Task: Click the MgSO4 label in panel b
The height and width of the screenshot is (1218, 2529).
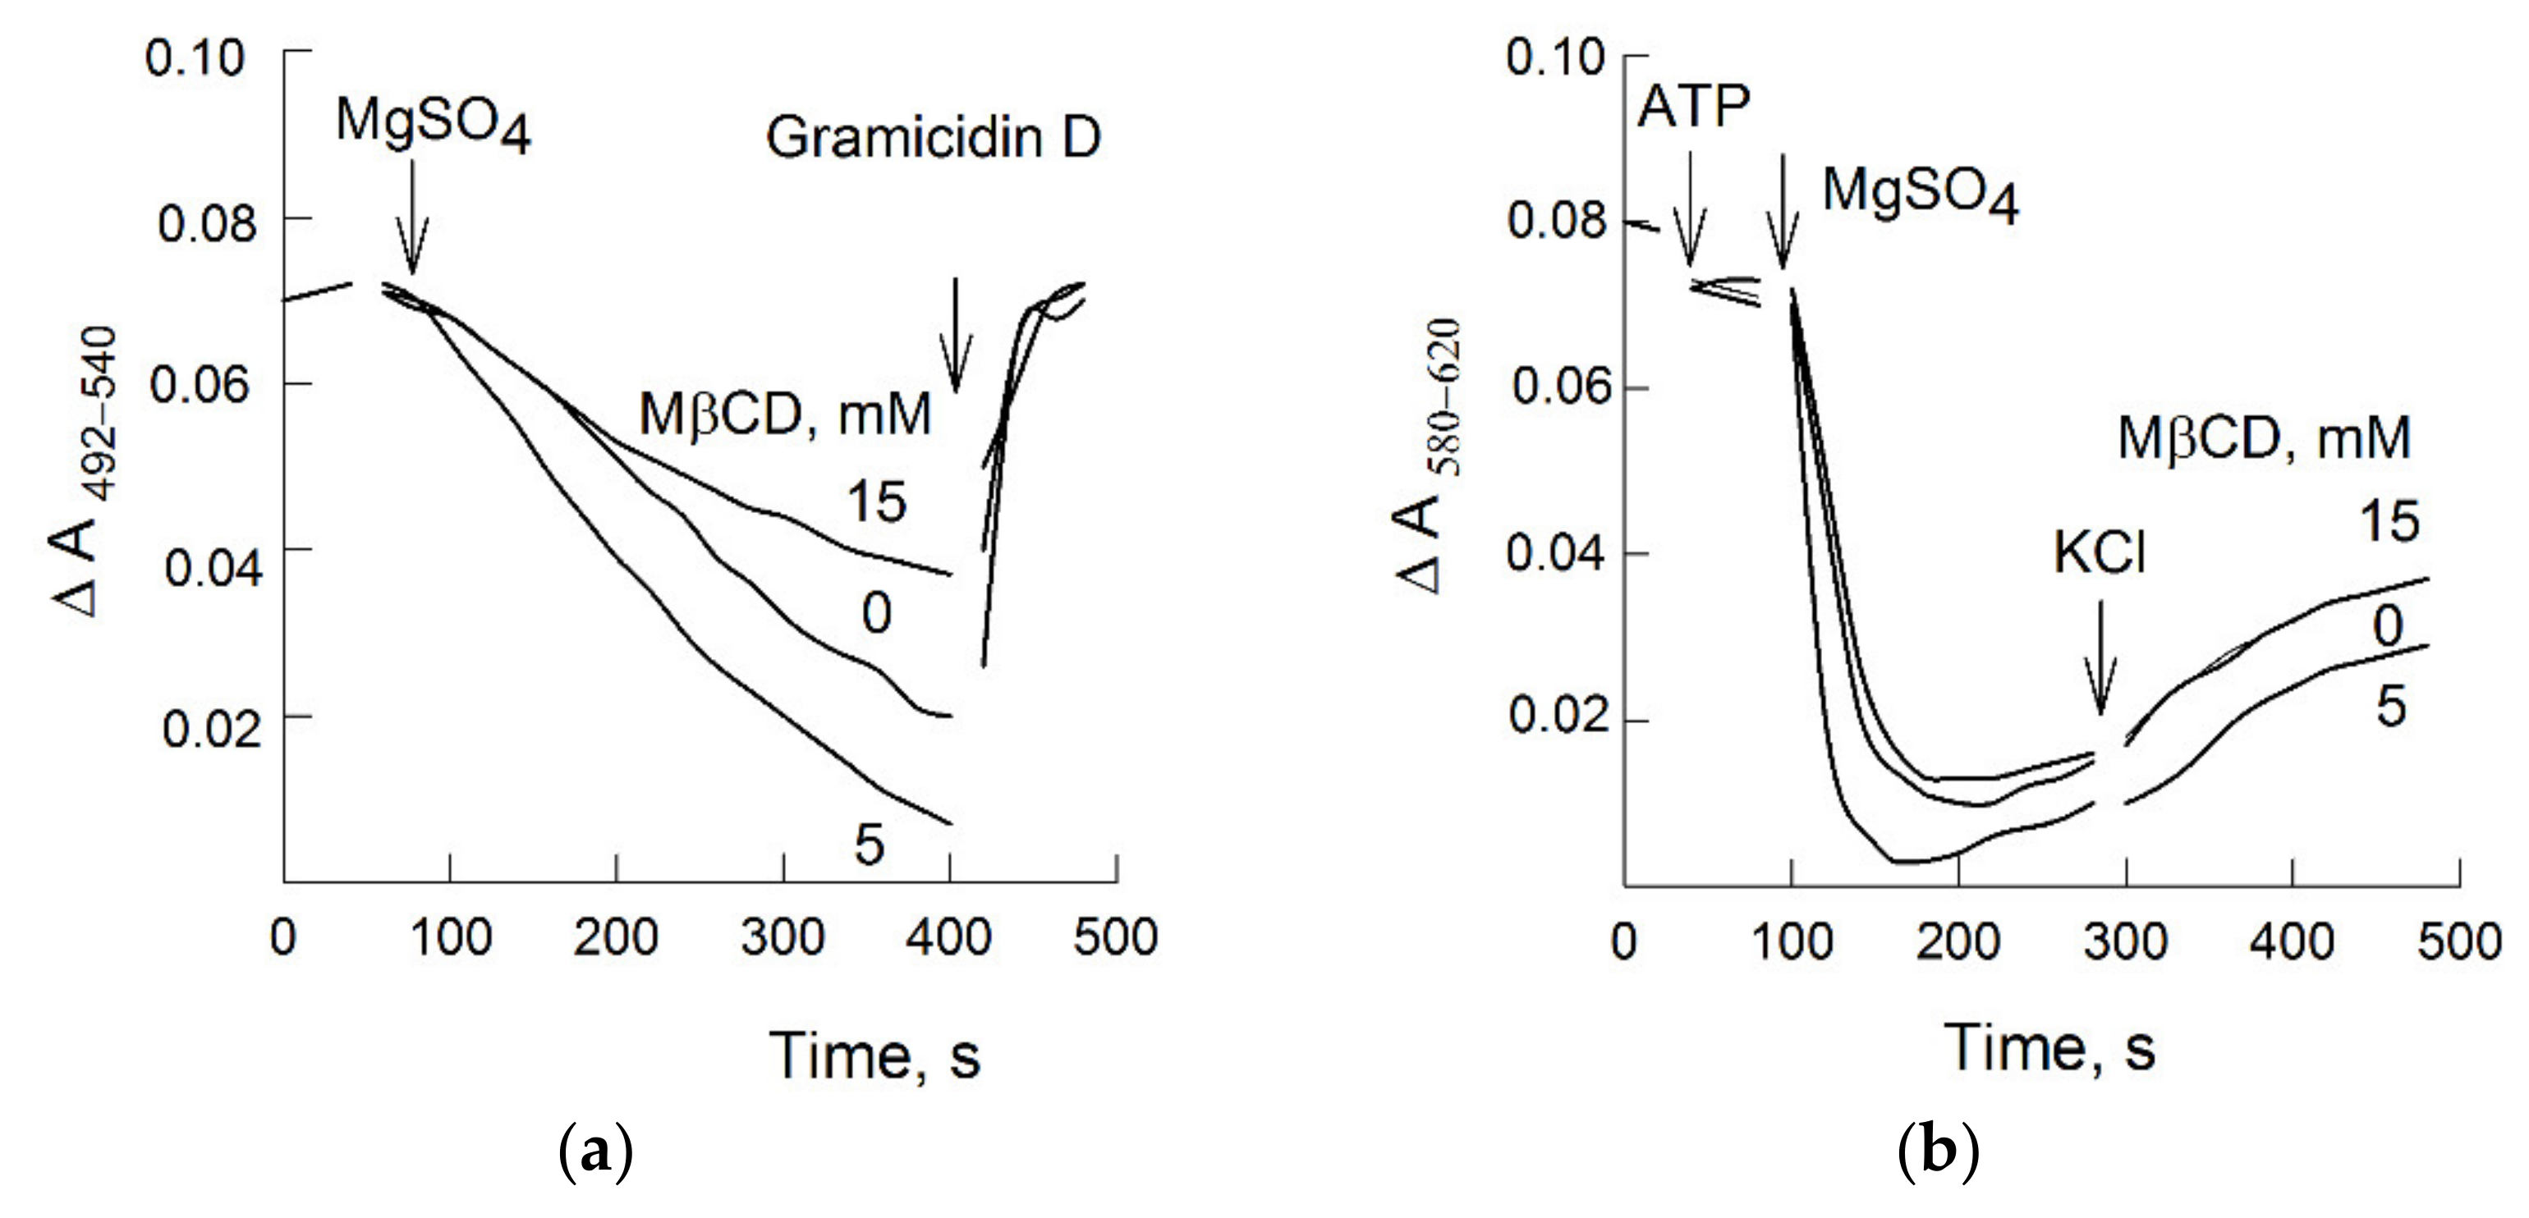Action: [1920, 194]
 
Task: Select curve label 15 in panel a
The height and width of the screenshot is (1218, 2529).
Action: [876, 502]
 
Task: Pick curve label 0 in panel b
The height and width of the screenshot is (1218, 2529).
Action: [2388, 626]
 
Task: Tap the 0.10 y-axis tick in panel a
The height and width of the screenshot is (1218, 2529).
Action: [195, 59]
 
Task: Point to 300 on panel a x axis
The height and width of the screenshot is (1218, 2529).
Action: [783, 938]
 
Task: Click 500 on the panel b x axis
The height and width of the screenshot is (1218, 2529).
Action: [2458, 942]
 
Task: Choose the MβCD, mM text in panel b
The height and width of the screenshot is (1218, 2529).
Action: [2263, 439]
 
